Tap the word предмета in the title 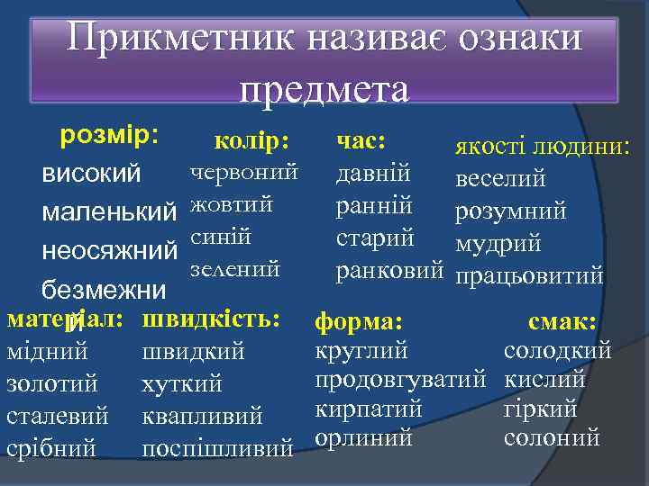pyautogui.click(x=324, y=88)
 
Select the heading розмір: pyautogui.click(x=108, y=136)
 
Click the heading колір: pyautogui.click(x=251, y=141)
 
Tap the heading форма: pyautogui.click(x=358, y=321)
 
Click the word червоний pyautogui.click(x=243, y=169)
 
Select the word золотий pyautogui.click(x=52, y=384)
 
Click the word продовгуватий pyautogui.click(x=401, y=380)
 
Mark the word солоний pyautogui.click(x=552, y=438)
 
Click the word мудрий pyautogui.click(x=498, y=243)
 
